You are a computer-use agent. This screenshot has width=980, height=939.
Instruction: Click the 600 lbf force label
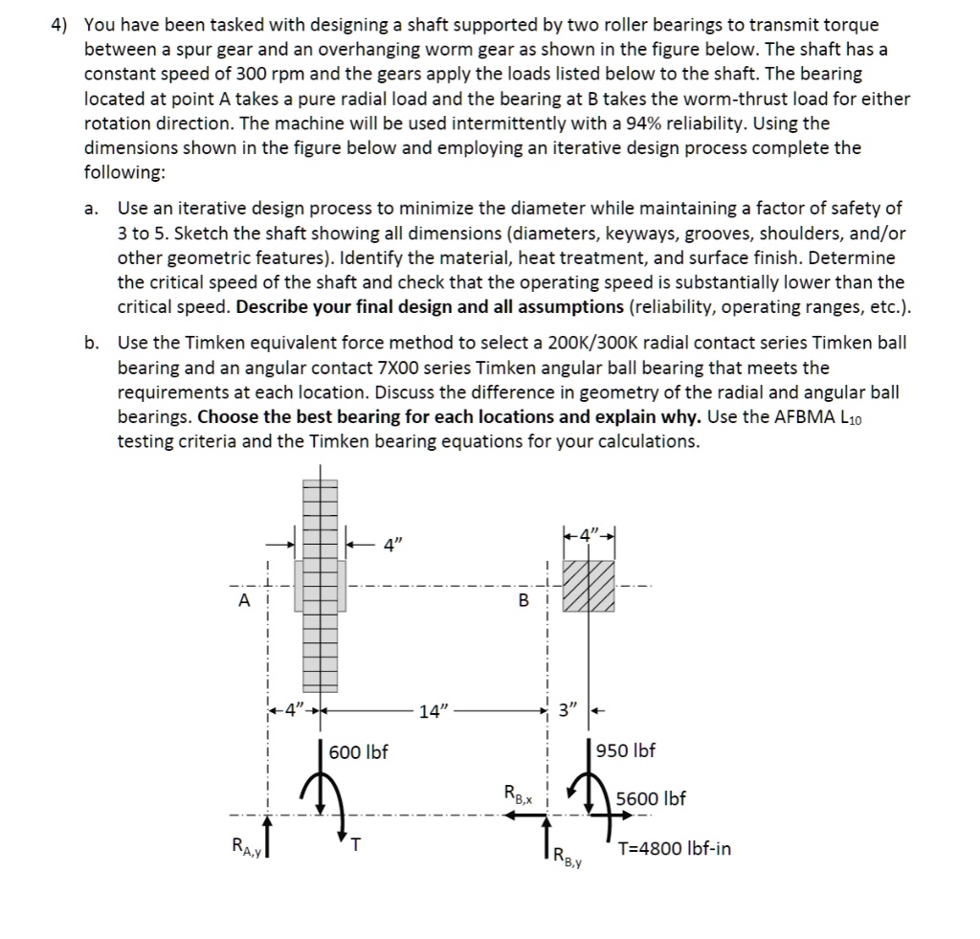point(358,752)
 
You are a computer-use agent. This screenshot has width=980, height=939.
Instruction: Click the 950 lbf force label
point(626,750)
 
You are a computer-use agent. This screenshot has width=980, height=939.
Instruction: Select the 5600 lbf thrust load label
point(651,798)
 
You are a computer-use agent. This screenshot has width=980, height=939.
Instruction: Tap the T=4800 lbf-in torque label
point(675,848)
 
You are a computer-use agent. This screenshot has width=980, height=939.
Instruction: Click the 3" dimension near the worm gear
point(568,711)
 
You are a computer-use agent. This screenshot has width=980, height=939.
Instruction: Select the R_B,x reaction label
point(519,793)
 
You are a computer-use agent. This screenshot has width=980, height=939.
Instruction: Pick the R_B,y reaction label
point(568,857)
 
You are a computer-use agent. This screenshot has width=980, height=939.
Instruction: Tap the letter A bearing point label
point(244,600)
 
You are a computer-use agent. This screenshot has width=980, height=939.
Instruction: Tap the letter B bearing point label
point(523,601)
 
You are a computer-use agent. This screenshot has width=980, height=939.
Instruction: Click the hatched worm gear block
point(588,584)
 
